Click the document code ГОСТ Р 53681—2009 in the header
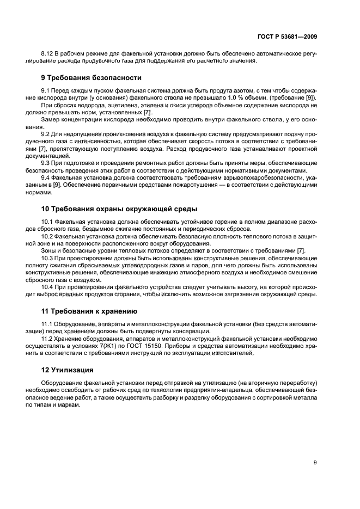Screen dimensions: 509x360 pos(287,36)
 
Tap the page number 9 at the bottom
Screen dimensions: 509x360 pos(315,462)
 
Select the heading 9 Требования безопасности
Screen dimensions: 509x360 pos(91,78)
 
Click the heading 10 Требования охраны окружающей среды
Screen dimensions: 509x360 pos(119,208)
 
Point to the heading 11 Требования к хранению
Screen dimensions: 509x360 pos(89,311)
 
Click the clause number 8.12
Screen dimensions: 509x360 pos(48,54)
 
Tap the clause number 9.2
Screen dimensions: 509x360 pos(46,133)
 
